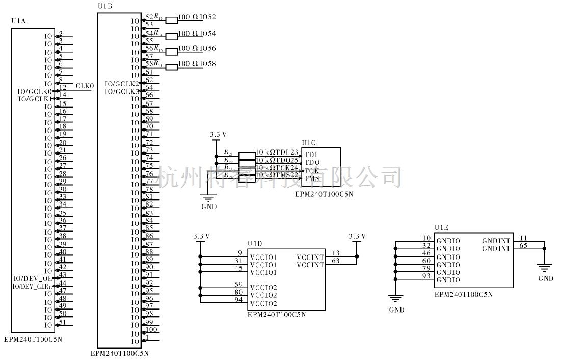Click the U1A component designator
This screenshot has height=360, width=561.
tap(18, 21)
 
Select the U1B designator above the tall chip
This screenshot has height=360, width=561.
tap(104, 6)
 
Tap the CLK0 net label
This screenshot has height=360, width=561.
tap(85, 86)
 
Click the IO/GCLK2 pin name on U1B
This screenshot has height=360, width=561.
tap(121, 83)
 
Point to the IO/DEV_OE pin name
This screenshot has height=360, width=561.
tap(34, 278)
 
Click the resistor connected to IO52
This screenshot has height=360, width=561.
tap(172, 20)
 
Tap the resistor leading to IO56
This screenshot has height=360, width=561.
tap(172, 51)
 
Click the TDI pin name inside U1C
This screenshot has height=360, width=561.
tap(311, 155)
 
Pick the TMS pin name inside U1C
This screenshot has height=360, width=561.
tap(311, 178)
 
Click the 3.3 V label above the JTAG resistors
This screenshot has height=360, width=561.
tap(218, 134)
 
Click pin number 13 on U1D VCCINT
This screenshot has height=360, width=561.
tap(335, 253)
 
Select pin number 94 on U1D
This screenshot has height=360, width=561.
tap(238, 300)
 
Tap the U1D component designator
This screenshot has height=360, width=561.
tap(254, 244)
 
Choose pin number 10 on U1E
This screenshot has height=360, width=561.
tap(426, 238)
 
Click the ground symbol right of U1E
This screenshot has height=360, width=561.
tap(545, 268)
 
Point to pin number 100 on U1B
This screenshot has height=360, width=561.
tap(151, 329)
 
